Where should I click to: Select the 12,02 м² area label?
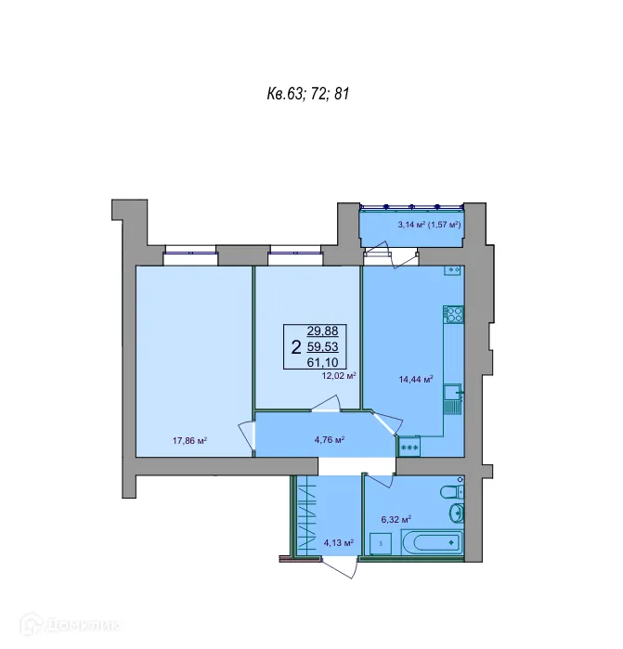pyautogui.click(x=340, y=376)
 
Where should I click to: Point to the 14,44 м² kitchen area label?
pyautogui.click(x=415, y=379)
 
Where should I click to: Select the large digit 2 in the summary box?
pyautogui.click(x=295, y=347)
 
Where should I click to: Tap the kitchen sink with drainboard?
pyautogui.click(x=452, y=400)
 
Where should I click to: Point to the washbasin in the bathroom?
pyautogui.click(x=456, y=514)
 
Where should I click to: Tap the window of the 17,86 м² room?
pyautogui.click(x=189, y=249)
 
